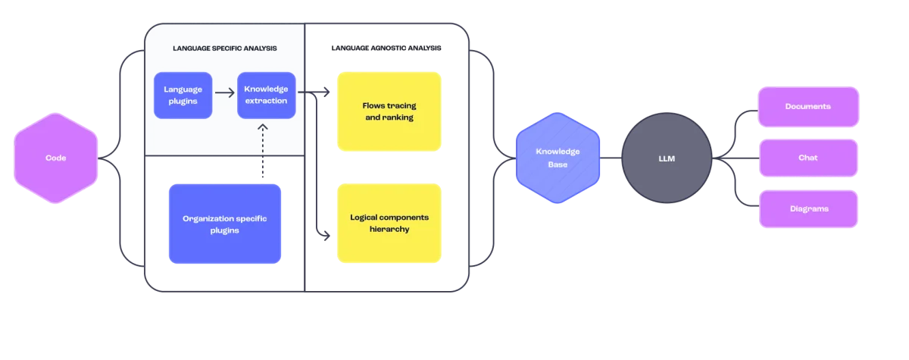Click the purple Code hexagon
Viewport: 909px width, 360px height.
55,158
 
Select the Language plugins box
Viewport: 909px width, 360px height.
183,95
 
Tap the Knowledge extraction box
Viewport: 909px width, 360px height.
266,95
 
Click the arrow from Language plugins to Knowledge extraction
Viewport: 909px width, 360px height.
224,94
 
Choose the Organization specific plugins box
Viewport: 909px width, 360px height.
225,224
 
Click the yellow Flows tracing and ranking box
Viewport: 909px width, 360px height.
389,111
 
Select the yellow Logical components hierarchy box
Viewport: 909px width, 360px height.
389,223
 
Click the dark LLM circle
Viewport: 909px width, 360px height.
667,158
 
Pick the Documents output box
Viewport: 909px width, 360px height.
807,106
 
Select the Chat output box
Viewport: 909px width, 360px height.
807,158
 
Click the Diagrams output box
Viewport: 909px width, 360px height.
807,208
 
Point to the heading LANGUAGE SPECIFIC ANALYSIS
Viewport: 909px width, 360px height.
224,49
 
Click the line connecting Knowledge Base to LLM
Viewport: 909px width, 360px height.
611,158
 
